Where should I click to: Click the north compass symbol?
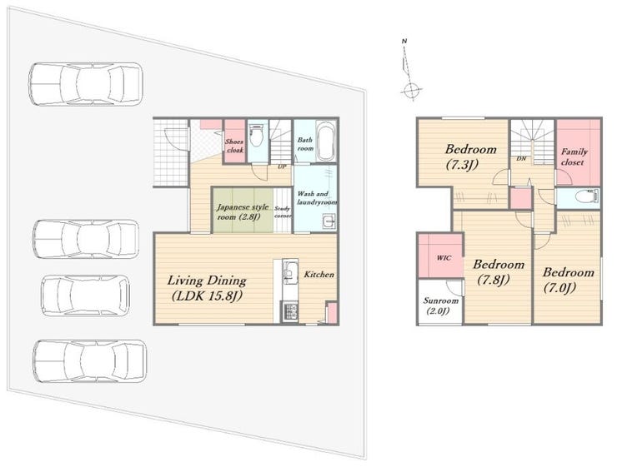[x=409, y=71]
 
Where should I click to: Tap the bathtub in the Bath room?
[x=326, y=141]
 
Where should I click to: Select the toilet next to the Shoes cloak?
[x=258, y=136]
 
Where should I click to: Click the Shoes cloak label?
[x=235, y=146]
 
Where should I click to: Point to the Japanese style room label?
[x=243, y=211]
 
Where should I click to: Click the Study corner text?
[x=283, y=212]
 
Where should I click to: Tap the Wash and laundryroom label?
[x=317, y=198]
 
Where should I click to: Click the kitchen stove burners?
[x=290, y=311]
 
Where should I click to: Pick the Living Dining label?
[x=207, y=288]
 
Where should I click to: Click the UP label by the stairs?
[x=282, y=166]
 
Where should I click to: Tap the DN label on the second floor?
[x=521, y=159]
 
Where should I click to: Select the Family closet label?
[x=574, y=156]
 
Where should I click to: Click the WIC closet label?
[x=444, y=258]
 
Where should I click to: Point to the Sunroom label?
[x=440, y=306]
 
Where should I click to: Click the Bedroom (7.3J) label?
[x=470, y=156]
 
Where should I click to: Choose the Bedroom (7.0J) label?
[x=568, y=280]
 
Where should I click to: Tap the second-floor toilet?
[x=587, y=195]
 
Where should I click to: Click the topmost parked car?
[x=85, y=84]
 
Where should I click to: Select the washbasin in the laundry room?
[x=329, y=222]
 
